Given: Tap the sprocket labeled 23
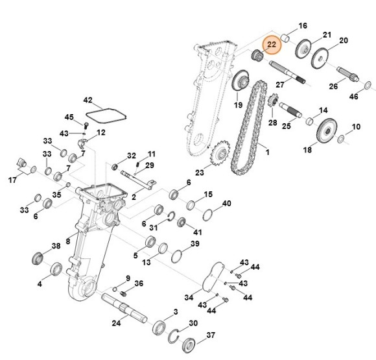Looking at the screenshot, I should (x=221, y=154).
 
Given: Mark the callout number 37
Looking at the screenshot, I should (x=210, y=335).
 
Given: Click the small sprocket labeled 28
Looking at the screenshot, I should (x=273, y=102).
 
